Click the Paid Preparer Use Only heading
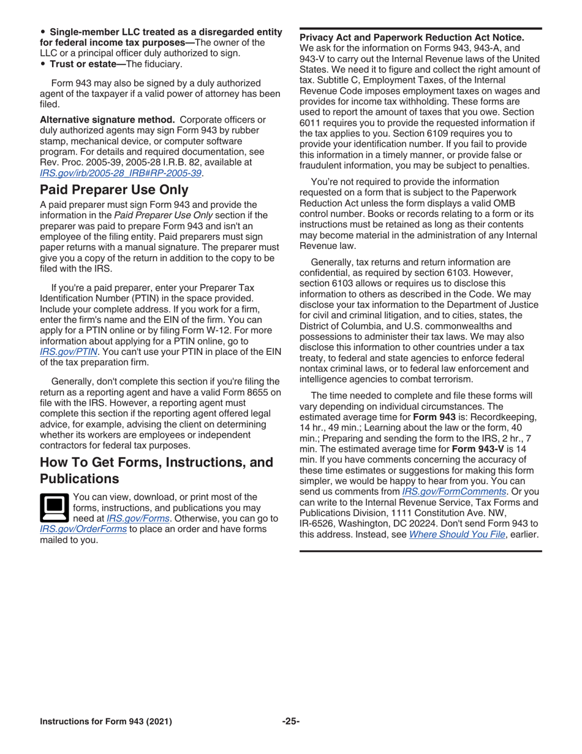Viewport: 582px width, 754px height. pos(113,189)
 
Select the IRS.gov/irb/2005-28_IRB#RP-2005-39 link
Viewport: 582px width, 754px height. pos(121,173)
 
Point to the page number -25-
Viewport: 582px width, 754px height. pos(290,722)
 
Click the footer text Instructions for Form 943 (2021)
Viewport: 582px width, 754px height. pos(106,722)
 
